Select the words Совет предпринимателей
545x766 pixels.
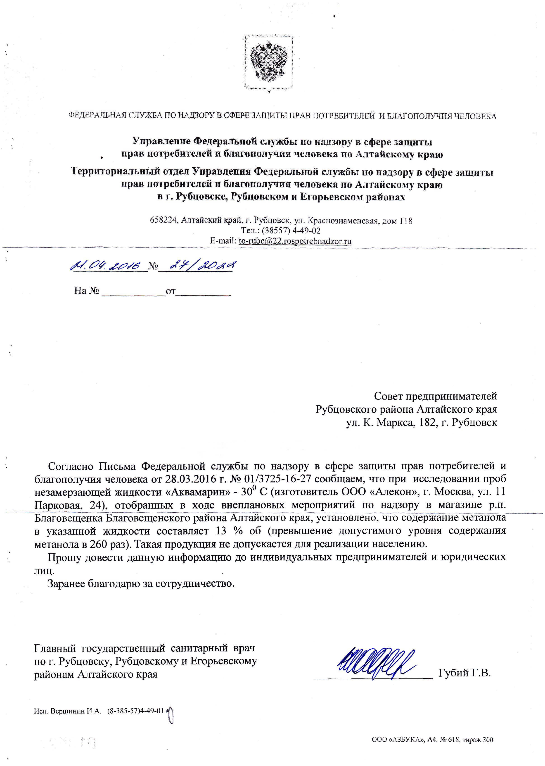[435, 396]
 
